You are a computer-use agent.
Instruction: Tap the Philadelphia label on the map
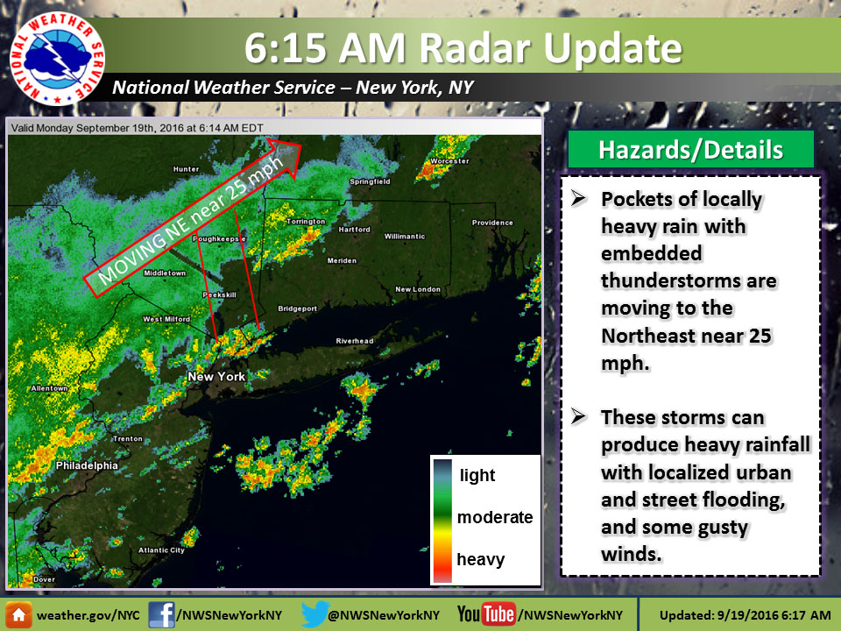point(86,466)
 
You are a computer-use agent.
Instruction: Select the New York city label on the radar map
point(216,376)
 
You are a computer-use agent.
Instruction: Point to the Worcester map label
point(449,161)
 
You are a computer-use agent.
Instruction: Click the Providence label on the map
point(491,223)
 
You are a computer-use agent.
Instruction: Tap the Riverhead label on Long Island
point(354,341)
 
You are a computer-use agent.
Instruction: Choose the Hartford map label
point(355,230)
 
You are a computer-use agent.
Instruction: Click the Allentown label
point(47,387)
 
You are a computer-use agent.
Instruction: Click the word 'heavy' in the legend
point(480,559)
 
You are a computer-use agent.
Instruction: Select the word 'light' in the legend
point(477,476)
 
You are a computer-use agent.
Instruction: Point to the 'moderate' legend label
point(495,517)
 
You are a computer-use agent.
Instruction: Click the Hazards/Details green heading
point(690,150)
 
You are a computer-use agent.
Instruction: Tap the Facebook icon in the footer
point(161,613)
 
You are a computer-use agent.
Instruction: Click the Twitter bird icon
point(313,613)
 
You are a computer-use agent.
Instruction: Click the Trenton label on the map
point(128,438)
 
